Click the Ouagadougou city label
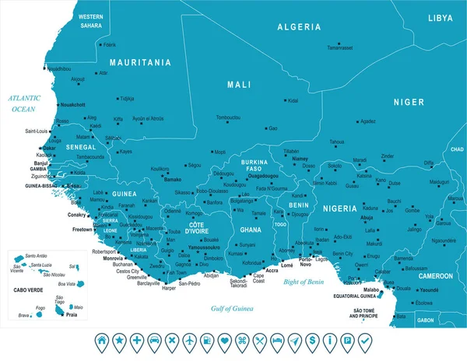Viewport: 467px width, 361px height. click(269, 177)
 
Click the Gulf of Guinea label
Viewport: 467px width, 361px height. click(233, 310)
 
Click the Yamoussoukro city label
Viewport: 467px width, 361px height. click(205, 247)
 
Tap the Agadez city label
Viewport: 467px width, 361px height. click(367, 121)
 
